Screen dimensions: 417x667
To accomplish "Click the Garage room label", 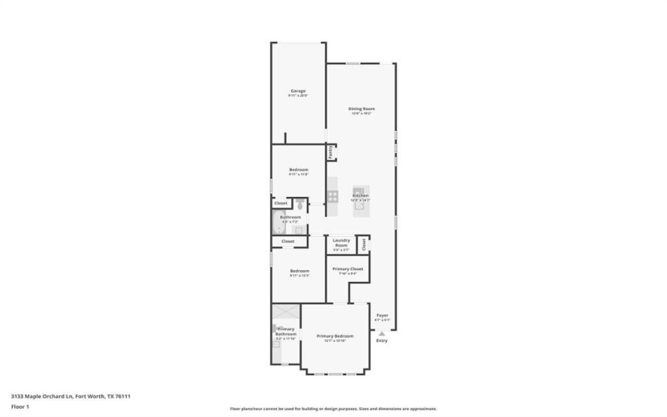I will tap(298, 91).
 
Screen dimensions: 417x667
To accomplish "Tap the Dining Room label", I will tap(361, 109).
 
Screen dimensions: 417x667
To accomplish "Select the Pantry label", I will tap(331, 152).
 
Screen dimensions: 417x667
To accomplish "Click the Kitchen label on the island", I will tap(361, 196).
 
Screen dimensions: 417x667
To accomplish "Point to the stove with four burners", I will tap(332, 197).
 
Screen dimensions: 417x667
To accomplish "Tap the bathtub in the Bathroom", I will tap(278, 223).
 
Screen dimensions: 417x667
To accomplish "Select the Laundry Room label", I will tap(341, 243).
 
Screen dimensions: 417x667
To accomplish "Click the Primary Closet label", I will tap(347, 269).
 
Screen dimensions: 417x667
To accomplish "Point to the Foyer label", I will tap(382, 315).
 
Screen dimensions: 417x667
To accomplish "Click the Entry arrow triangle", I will tap(382, 332).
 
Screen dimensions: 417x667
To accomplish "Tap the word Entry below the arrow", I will tap(382, 340).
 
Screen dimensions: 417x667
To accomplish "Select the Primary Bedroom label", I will tap(334, 336).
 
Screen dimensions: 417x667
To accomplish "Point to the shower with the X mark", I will tap(285, 312).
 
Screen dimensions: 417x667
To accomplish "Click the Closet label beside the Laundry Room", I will tap(364, 244).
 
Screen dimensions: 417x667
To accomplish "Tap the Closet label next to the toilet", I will tap(281, 203).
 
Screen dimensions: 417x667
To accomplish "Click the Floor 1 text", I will tap(20, 406).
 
